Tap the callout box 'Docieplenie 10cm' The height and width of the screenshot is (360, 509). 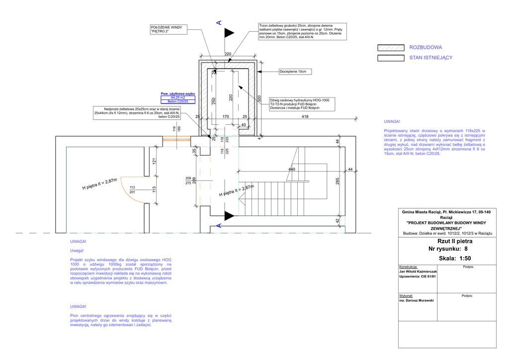295,72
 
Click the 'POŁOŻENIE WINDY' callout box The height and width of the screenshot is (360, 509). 167,29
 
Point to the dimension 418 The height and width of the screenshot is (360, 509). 306,116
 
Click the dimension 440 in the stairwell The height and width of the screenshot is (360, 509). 292,170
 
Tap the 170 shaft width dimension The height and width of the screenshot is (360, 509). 226,116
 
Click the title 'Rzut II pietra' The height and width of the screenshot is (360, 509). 447,241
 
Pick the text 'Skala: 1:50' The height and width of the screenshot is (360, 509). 454,258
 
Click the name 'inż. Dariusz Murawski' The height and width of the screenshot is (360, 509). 417,301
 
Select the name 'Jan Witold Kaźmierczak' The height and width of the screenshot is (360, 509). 418,271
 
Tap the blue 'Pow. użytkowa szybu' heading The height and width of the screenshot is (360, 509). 178,93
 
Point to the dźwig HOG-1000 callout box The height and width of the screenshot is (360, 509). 302,104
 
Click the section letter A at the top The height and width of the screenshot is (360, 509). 218,22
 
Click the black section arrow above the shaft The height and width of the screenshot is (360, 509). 229,33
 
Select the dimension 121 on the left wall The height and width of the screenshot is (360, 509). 154,162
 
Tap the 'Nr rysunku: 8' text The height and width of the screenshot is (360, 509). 447,249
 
